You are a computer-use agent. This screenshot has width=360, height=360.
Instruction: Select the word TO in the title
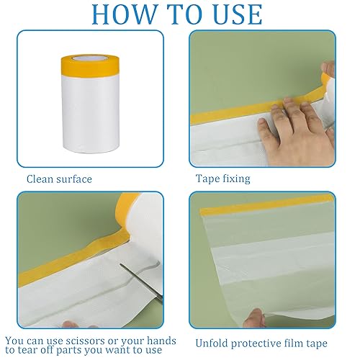[184, 14]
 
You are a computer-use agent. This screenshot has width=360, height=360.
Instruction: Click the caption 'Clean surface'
[59, 179]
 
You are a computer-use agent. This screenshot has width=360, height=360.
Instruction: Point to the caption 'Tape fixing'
[223, 179]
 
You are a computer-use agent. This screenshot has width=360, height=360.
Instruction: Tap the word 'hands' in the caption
[161, 341]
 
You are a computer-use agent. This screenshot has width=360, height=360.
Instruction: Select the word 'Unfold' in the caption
[211, 343]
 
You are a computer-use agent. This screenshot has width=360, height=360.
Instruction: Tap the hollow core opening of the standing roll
[90, 58]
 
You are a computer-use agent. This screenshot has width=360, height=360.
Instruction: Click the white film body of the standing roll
[90, 113]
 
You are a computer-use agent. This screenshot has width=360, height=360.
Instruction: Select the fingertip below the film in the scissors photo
[70, 324]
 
